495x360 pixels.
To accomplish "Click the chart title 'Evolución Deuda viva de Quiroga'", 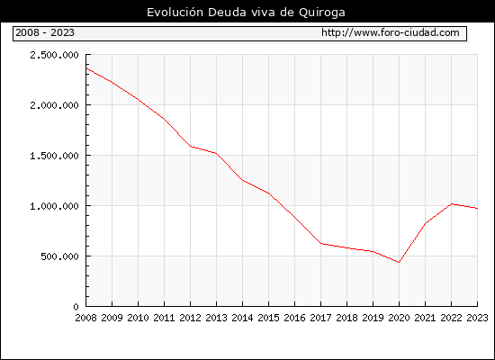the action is tap(246, 13).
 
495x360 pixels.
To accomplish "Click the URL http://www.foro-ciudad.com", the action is tap(391, 32).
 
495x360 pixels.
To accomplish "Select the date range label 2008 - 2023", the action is tap(45, 32).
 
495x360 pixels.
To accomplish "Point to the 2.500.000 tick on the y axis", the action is tap(54, 55).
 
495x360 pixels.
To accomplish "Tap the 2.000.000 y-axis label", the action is tap(54, 105).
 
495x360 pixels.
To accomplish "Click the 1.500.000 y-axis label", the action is tap(54, 156).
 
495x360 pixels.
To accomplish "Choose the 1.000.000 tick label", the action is tap(54, 206).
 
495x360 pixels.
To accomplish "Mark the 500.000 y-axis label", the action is tap(59, 256).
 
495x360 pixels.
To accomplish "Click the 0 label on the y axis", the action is tap(76, 307).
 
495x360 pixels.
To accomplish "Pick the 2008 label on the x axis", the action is tap(85, 318).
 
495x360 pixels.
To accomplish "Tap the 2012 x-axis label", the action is tap(191, 318).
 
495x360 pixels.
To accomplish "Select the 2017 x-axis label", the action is tap(320, 318).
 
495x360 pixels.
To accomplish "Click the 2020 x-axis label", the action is tap(399, 318).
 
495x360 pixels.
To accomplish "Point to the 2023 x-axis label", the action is tap(477, 318).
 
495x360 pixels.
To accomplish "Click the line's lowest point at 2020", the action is tap(399, 262).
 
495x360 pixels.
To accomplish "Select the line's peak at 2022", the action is tap(452, 203).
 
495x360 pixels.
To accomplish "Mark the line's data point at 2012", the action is tap(191, 146).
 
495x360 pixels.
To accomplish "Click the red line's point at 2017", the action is tap(320, 244).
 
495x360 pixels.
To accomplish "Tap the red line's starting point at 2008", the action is tap(86, 68).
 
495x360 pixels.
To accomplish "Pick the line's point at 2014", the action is tap(242, 180).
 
